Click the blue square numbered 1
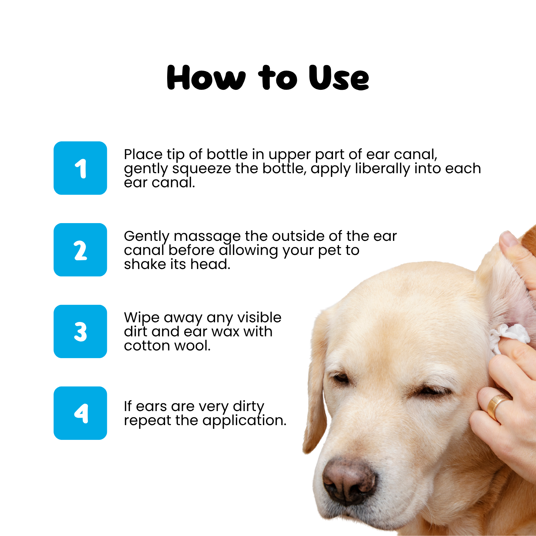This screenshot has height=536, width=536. click(x=80, y=168)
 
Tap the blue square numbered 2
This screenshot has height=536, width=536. click(x=80, y=250)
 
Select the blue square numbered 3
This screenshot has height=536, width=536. click(x=80, y=331)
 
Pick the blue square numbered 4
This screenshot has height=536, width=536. click(x=80, y=413)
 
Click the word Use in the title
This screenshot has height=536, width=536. click(x=339, y=78)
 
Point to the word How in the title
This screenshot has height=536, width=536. click(x=206, y=78)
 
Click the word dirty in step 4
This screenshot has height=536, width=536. click(x=249, y=407)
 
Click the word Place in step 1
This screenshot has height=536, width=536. click(x=143, y=154)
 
